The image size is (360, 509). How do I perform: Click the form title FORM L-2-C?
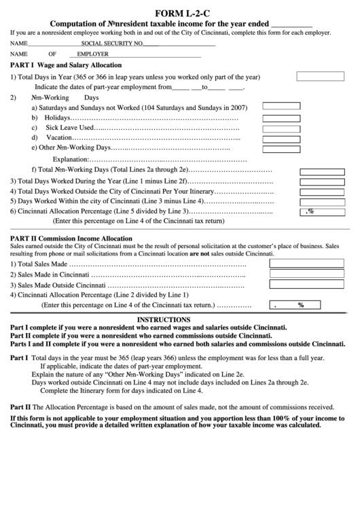tap(180, 13)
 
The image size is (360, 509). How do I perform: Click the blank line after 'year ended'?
tap(291, 25)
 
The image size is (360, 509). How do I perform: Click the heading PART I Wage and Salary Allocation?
tap(67, 65)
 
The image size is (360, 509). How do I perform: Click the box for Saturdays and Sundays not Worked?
tap(281, 106)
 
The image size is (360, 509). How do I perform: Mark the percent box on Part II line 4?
tap(294, 305)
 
